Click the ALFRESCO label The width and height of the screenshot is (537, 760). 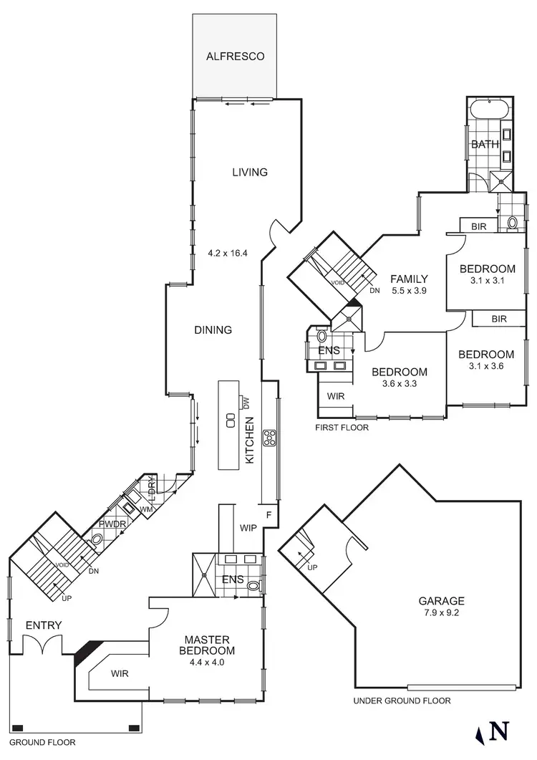pyautogui.click(x=235, y=56)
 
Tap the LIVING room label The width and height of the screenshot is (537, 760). pyautogui.click(x=250, y=172)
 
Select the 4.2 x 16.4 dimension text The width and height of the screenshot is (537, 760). pyautogui.click(x=228, y=253)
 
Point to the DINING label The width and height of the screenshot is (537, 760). pyautogui.click(x=213, y=330)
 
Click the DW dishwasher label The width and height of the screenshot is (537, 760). pyautogui.click(x=246, y=403)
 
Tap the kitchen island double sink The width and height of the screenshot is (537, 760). pyautogui.click(x=231, y=420)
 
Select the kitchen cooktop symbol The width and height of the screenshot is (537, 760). pyautogui.click(x=269, y=438)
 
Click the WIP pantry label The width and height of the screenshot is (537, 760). pyautogui.click(x=248, y=528)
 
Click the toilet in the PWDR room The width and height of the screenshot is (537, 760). pyautogui.click(x=97, y=539)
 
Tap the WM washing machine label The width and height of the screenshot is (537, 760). pyautogui.click(x=146, y=509)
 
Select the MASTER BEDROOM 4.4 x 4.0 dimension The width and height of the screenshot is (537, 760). pyautogui.click(x=207, y=663)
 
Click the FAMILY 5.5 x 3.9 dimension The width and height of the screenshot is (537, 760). pyautogui.click(x=409, y=291)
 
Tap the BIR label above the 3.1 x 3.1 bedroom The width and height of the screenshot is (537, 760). pyautogui.click(x=479, y=226)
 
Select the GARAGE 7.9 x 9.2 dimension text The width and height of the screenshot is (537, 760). pyautogui.click(x=442, y=612)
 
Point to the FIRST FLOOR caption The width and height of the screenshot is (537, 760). pyautogui.click(x=342, y=428)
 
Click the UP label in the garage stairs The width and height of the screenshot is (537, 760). pyautogui.click(x=312, y=567)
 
